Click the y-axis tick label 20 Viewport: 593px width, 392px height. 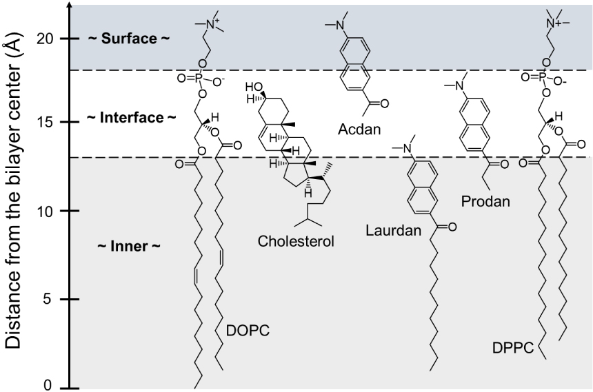point(46,39)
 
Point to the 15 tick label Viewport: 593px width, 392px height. point(46,123)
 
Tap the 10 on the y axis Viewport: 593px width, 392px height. point(46,211)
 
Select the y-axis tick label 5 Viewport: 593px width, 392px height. point(50,300)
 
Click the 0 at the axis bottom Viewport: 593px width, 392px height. point(50,385)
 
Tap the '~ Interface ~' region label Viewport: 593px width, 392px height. point(128,118)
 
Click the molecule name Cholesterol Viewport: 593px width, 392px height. point(296,241)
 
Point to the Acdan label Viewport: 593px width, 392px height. point(359,129)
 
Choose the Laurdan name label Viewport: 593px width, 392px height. point(394,230)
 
